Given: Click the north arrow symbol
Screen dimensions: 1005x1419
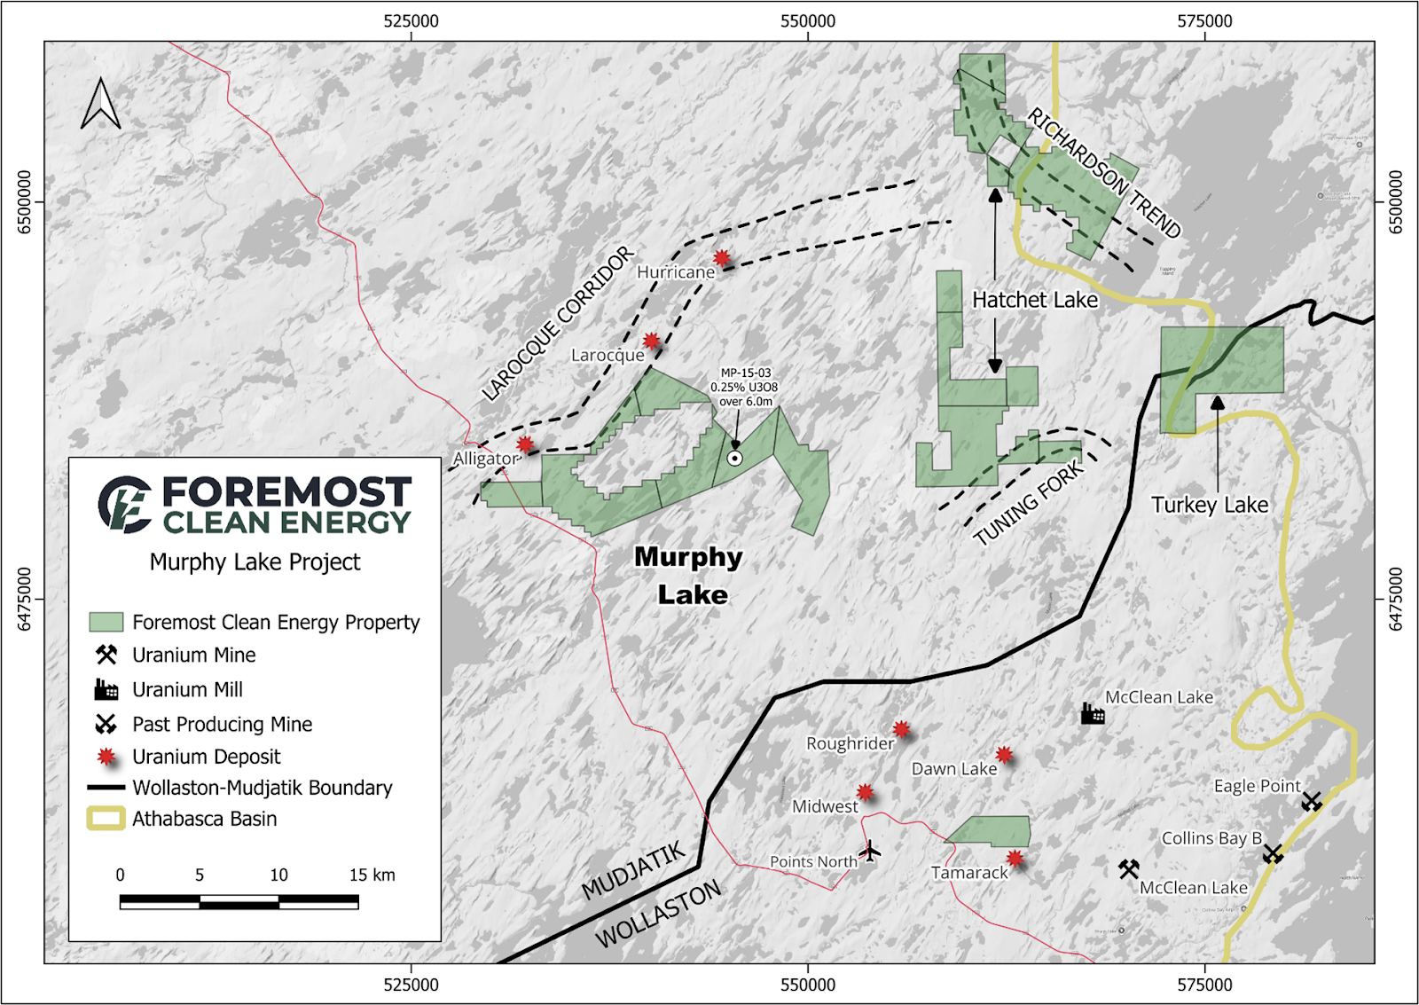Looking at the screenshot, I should coord(100,105).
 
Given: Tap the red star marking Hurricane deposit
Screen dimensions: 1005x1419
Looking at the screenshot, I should coord(722,258).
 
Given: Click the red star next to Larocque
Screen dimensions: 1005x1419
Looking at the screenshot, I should coord(652,341).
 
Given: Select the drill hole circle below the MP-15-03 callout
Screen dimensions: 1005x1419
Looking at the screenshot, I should coord(735,458).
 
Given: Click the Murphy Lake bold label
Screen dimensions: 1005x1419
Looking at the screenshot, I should coord(690,575).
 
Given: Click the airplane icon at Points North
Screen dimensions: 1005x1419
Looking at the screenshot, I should coord(871,852).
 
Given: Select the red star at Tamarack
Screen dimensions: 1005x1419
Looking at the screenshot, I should coord(1015,858).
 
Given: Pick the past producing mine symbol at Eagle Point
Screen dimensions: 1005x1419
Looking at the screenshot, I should coord(1312,802).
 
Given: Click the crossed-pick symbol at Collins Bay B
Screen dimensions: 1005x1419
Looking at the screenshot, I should coord(1273,854).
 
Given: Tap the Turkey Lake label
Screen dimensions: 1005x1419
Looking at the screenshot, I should coord(1209,505).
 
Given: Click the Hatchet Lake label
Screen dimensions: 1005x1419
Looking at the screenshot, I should coord(1034,300).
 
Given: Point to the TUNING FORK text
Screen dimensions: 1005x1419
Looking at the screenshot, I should coord(1029,504).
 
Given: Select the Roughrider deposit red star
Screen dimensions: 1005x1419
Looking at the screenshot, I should coord(902,729).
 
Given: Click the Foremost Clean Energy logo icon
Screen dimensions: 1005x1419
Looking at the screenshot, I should coord(124,504).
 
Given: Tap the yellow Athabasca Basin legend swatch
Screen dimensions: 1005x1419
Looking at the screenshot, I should coord(106,818).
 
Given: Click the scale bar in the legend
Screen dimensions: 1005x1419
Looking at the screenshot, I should coord(239,902).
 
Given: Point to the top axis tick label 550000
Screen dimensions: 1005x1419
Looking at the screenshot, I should coord(807,21).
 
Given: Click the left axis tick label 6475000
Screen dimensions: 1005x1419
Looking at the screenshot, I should coord(24,599).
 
